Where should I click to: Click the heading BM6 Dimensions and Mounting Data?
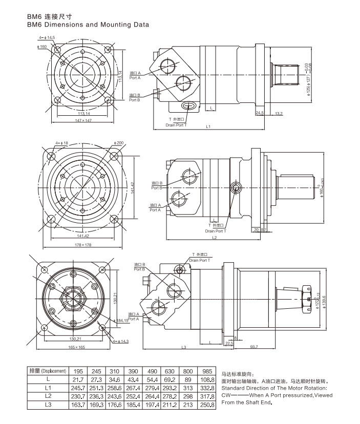pyautogui.click(x=88, y=24)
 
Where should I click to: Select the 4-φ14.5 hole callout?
pyautogui.click(x=46, y=38)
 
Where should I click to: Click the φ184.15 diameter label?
pyautogui.click(x=121, y=320)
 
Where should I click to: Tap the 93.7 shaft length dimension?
pyautogui.click(x=255, y=347)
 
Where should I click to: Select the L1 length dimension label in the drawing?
pyautogui.click(x=208, y=126)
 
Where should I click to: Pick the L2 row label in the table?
pyautogui.click(x=48, y=396)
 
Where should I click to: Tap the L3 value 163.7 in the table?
pyautogui.click(x=78, y=405)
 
